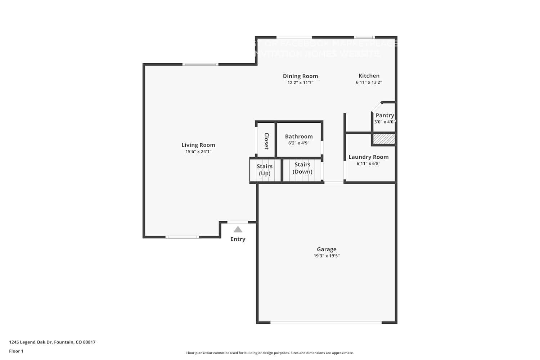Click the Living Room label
pyautogui.click(x=198, y=145)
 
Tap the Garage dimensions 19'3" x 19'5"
pyautogui.click(x=327, y=256)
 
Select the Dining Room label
pyautogui.click(x=300, y=76)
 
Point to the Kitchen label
pyautogui.click(x=369, y=76)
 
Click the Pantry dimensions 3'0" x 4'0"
pyautogui.click(x=384, y=122)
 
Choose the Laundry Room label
pyautogui.click(x=368, y=157)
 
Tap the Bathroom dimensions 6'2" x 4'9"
pyautogui.click(x=298, y=143)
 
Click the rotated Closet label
pyautogui.click(x=266, y=141)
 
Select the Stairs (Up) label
pyautogui.click(x=265, y=170)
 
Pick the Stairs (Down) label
pyautogui.click(x=302, y=168)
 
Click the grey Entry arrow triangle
pyautogui.click(x=238, y=229)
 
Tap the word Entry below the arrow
pyautogui.click(x=238, y=239)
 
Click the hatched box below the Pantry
pyautogui.click(x=384, y=139)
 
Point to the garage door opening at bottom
pyautogui.click(x=326, y=322)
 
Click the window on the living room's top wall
pyautogui.click(x=200, y=64)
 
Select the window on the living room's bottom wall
pyautogui.click(x=182, y=237)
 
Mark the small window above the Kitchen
pyautogui.click(x=364, y=37)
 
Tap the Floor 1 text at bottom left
pyautogui.click(x=16, y=351)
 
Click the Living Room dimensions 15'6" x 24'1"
pyautogui.click(x=198, y=152)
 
